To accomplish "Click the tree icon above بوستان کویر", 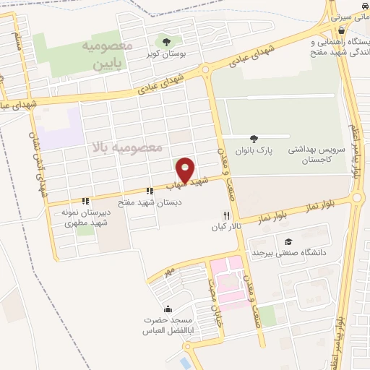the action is (167, 41).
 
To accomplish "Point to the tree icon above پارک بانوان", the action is (253, 138).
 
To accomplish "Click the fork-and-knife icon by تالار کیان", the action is (226, 215).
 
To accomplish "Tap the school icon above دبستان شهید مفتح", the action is (149, 192).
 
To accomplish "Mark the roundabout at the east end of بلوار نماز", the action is (357, 197).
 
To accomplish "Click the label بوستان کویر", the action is (168, 53).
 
